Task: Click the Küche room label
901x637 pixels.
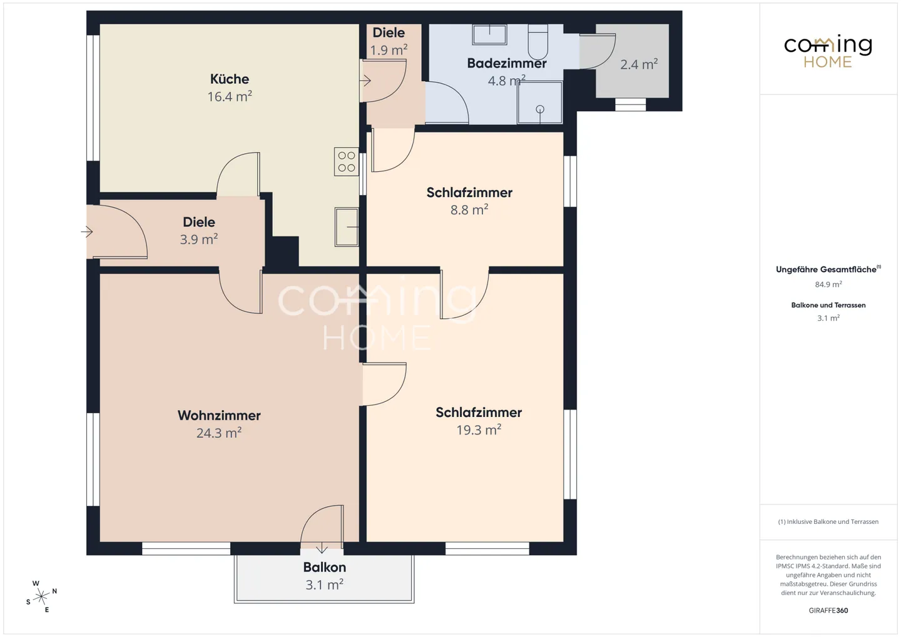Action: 229,79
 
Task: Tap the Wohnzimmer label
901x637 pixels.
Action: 219,415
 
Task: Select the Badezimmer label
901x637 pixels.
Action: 507,63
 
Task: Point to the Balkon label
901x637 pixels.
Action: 325,567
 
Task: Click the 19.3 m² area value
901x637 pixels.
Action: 479,429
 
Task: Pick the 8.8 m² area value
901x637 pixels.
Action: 469,209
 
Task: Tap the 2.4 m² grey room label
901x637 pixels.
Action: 639,64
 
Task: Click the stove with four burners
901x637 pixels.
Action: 347,161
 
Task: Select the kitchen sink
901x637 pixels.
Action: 347,227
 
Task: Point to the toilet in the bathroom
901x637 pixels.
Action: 538,42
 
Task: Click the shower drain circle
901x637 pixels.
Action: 540,109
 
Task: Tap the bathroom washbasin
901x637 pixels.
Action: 489,34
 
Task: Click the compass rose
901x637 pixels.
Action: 41,596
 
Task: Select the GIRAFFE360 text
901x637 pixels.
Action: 828,610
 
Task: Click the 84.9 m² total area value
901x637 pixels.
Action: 828,284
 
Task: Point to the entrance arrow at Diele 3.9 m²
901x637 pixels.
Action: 87,231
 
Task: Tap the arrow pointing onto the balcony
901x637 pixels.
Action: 322,549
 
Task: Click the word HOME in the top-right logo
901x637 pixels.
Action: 828,62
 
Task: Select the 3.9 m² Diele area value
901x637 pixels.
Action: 199,239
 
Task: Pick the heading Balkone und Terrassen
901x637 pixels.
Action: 828,305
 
